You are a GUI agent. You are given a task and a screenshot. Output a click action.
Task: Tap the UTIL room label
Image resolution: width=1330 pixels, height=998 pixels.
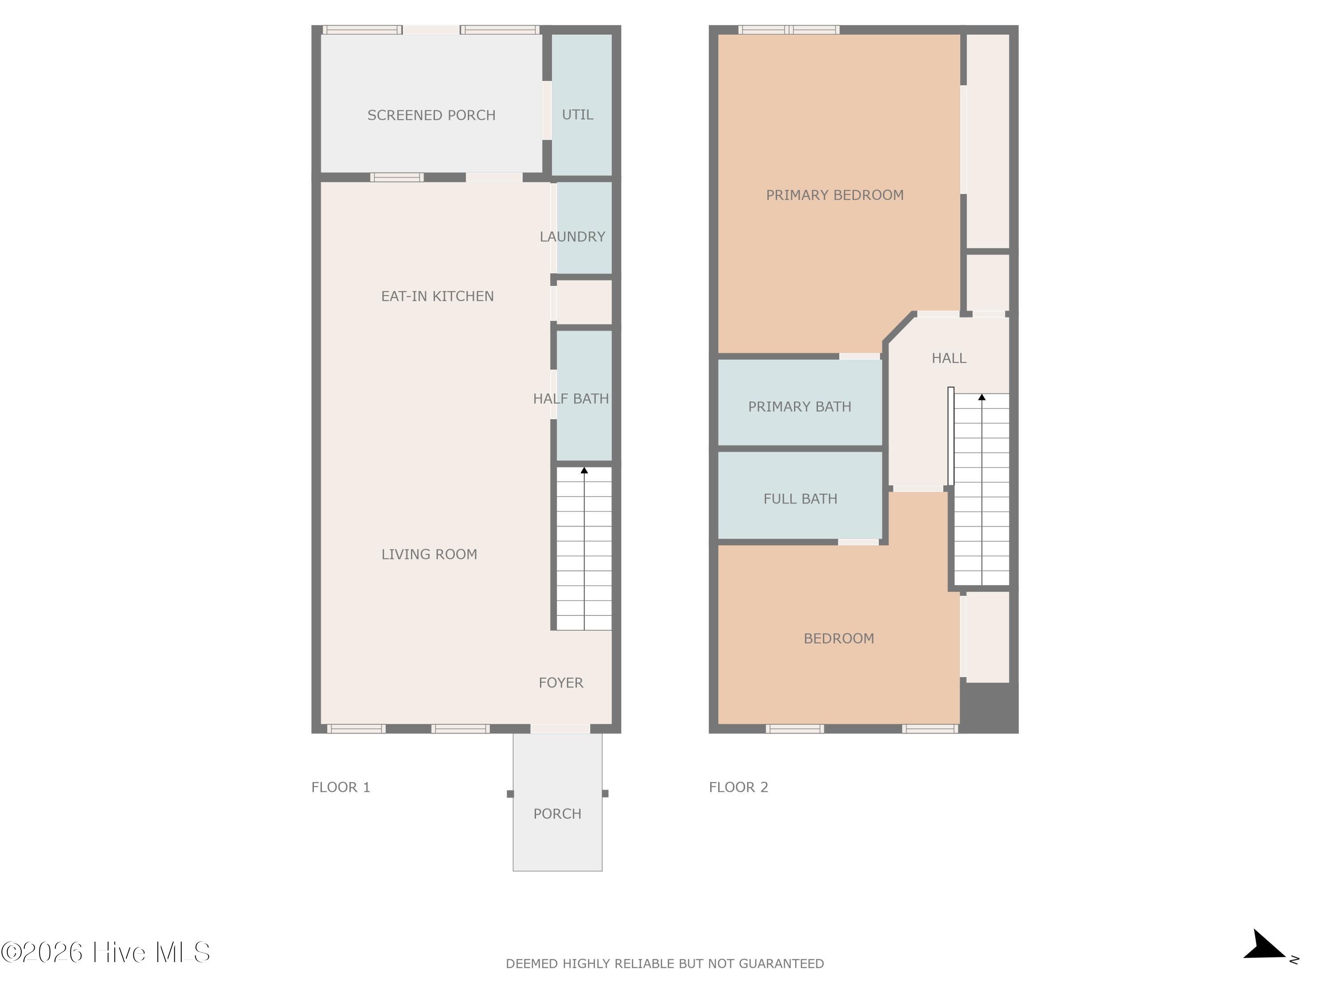tap(577, 114)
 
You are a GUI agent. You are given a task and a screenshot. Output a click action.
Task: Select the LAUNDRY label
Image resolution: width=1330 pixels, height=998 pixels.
tap(572, 236)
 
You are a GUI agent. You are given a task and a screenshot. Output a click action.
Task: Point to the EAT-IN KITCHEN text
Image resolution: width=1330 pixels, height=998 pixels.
tap(437, 296)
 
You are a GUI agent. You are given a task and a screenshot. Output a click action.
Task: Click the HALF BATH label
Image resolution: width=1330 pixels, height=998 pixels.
tap(571, 398)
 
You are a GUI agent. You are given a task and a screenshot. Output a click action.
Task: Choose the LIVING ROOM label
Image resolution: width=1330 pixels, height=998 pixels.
tap(429, 554)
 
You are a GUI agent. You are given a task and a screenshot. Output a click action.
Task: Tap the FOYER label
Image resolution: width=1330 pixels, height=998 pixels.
tap(561, 683)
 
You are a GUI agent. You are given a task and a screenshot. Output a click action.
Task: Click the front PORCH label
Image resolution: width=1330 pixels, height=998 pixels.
tap(557, 814)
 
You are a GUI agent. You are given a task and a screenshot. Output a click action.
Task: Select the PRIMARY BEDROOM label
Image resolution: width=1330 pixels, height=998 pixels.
tap(834, 195)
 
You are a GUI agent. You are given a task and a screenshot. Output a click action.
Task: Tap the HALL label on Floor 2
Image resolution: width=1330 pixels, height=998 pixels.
tap(949, 358)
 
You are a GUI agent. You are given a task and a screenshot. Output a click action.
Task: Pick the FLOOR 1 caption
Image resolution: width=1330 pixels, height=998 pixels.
tap(341, 787)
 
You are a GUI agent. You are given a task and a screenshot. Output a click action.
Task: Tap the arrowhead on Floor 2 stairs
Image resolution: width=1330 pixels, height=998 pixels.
tap(982, 397)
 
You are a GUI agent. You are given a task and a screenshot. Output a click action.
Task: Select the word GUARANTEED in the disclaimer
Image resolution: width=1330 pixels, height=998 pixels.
tap(781, 964)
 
